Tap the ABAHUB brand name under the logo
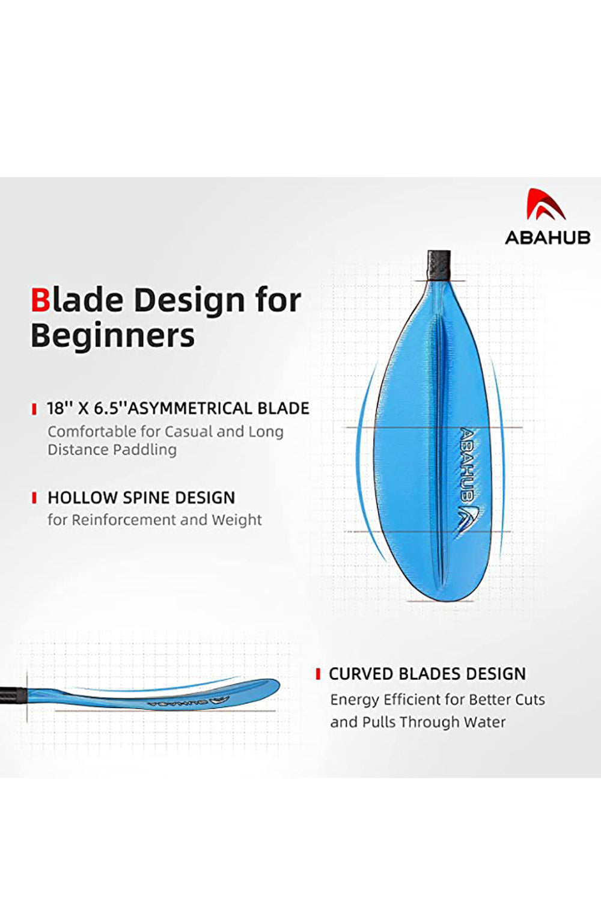click(x=548, y=237)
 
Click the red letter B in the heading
click(x=40, y=300)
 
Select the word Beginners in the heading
click(x=112, y=336)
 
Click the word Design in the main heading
click(x=189, y=301)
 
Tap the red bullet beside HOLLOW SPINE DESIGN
click(x=34, y=498)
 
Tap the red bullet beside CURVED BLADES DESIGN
click(x=318, y=674)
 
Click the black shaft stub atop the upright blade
click(x=439, y=266)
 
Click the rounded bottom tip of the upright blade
click(x=442, y=600)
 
